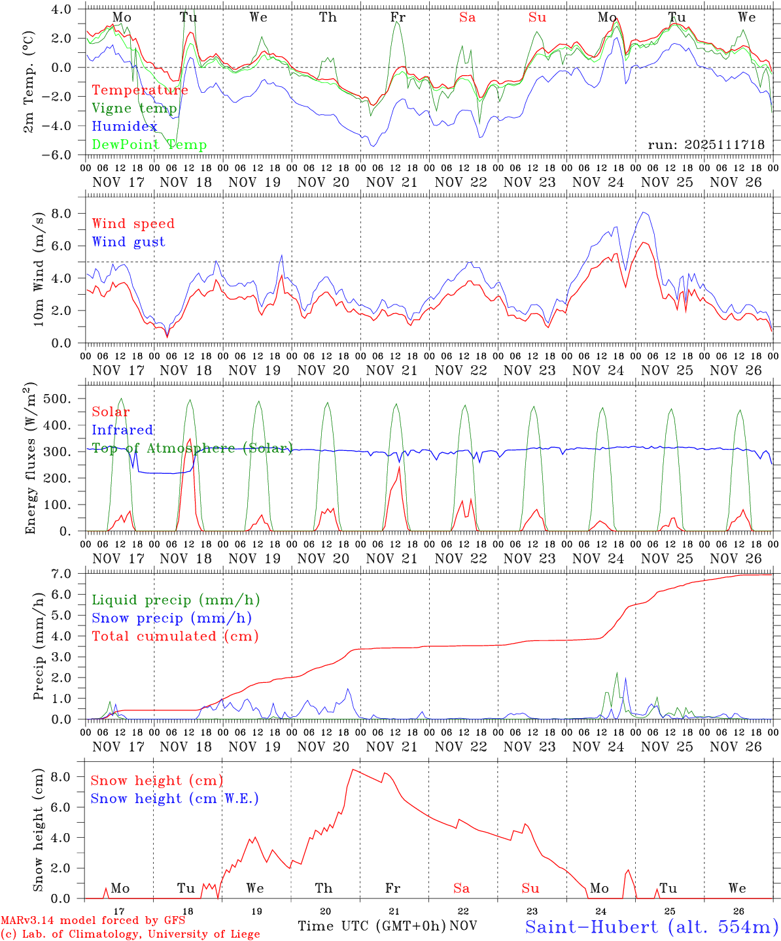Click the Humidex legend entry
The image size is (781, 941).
[124, 127]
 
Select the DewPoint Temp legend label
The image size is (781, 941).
[149, 145]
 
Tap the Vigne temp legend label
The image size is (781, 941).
[134, 108]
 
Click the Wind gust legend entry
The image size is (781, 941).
[128, 242]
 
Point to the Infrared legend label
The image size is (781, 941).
[122, 430]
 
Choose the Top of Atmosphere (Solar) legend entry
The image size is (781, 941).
[192, 448]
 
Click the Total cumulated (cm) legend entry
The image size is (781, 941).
[175, 636]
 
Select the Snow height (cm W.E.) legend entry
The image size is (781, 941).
[174, 799]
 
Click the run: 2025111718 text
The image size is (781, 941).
[706, 145]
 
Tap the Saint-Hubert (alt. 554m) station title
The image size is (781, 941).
[651, 927]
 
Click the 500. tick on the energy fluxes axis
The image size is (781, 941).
[56, 399]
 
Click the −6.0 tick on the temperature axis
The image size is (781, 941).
[55, 155]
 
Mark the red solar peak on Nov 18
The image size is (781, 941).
[189, 439]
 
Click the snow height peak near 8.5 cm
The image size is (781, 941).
[353, 770]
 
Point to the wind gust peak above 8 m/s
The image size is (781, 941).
[644, 212]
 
